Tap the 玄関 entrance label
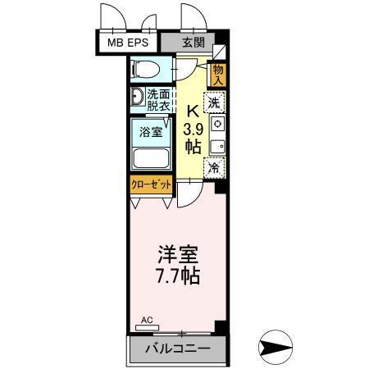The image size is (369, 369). click(192, 42)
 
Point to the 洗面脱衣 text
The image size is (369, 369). click(160, 100)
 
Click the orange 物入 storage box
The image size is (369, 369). click(218, 75)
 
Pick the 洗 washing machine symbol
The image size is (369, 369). click(215, 103)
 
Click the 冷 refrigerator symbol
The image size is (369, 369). click(215, 167)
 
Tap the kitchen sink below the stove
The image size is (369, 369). click(216, 146)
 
